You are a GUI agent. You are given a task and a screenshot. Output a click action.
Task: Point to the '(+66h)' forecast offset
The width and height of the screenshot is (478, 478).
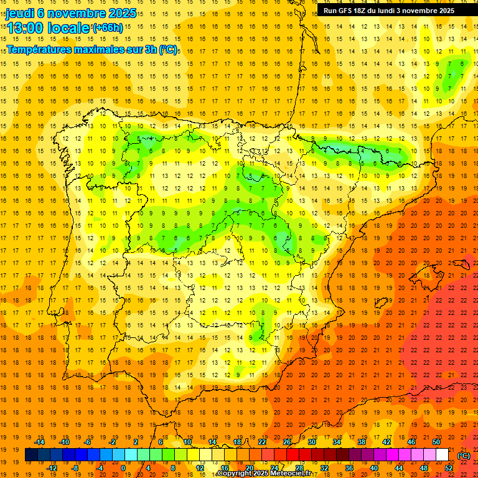[x=108, y=28]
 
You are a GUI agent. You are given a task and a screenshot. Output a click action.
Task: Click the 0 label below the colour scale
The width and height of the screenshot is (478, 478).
[x=123, y=468]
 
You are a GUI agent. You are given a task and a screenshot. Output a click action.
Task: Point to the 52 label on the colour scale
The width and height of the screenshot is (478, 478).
[x=449, y=468]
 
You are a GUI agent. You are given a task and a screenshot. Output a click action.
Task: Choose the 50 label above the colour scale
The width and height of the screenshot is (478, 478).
[x=436, y=442]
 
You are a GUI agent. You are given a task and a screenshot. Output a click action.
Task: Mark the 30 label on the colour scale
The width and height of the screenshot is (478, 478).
[x=312, y=442]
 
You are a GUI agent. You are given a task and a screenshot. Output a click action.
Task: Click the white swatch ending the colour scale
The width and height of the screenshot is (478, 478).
[x=442, y=455]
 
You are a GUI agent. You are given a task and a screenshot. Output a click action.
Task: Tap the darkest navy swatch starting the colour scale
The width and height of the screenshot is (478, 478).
[x=31, y=455]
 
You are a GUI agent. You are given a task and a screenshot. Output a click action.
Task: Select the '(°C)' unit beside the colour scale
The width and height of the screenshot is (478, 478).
[x=464, y=456]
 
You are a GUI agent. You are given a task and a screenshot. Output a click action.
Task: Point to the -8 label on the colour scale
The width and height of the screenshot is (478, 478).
[x=75, y=468]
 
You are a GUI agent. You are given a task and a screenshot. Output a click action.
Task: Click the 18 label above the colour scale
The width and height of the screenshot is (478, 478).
[x=237, y=442]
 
